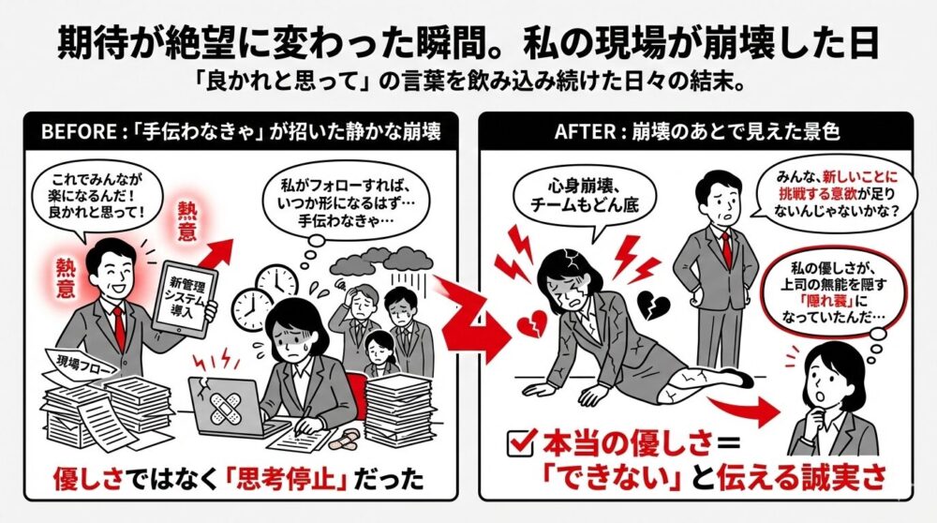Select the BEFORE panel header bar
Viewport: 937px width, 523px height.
pos(240,133)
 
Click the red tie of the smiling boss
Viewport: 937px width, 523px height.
pos(119,323)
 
